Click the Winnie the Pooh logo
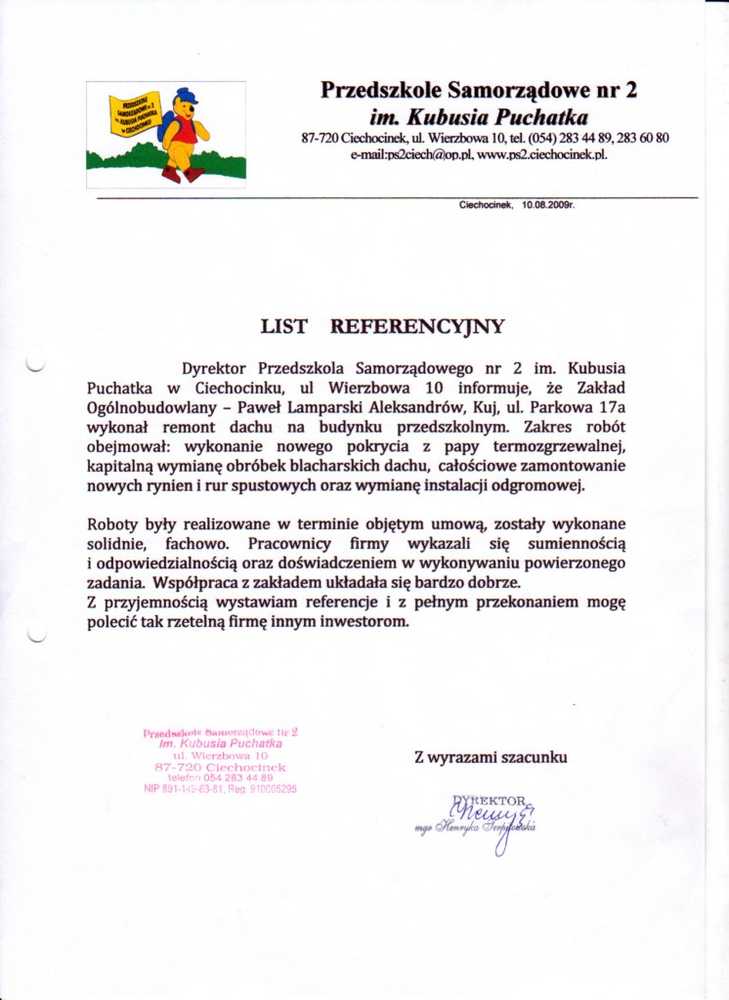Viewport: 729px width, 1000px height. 166,135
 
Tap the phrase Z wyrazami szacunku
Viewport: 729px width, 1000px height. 490,756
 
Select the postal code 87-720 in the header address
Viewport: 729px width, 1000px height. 320,139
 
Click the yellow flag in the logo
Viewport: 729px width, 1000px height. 134,117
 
